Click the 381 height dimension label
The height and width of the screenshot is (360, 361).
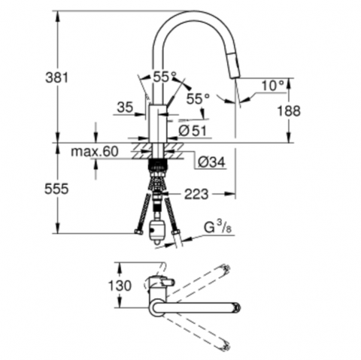click(56, 77)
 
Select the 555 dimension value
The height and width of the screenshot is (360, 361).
click(56, 189)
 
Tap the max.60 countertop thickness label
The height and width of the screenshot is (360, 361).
click(94, 151)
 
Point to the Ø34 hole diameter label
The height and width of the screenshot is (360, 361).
click(211, 162)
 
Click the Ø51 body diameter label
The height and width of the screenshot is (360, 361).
click(193, 131)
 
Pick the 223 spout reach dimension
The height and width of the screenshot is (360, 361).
click(196, 194)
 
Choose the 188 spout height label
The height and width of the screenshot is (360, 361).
click(289, 110)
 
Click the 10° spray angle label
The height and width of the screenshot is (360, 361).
click(272, 86)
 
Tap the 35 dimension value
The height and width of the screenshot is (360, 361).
click(125, 107)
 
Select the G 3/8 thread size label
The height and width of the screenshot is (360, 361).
click(217, 228)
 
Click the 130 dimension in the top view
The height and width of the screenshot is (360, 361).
click(120, 286)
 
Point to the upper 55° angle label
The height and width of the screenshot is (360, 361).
click(165, 77)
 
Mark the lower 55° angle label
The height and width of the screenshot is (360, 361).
click(198, 99)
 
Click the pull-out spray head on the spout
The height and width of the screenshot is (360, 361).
click(234, 66)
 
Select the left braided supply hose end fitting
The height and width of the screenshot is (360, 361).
click(138, 233)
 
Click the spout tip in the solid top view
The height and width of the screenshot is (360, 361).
click(237, 307)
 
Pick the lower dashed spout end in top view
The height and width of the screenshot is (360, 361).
click(226, 346)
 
